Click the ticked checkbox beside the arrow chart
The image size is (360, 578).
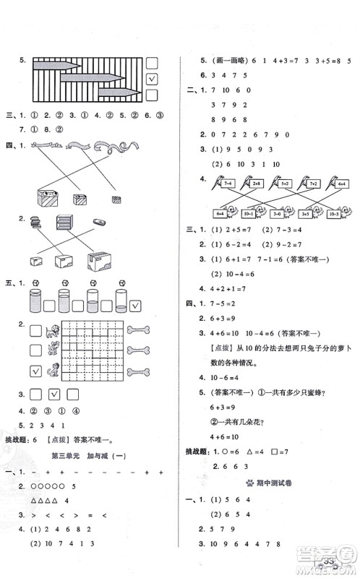(152, 79)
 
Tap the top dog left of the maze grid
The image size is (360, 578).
(52, 331)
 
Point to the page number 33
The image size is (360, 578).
(330, 561)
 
